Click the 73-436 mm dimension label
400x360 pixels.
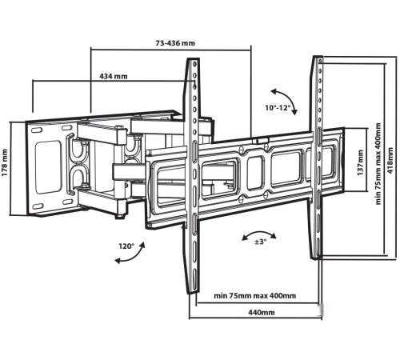[x=175, y=43]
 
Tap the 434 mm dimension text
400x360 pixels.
[x=114, y=76]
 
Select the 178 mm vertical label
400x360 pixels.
[x=5, y=162]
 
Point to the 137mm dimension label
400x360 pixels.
[x=360, y=162]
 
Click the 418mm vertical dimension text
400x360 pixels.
[x=390, y=161]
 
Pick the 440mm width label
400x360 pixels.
[x=262, y=312]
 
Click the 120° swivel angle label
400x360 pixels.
[x=126, y=246]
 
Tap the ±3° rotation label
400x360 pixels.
[x=261, y=242]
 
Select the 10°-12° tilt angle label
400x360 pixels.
[x=278, y=108]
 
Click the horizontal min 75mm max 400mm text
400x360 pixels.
[x=255, y=296]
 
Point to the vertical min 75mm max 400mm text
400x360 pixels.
[x=378, y=164]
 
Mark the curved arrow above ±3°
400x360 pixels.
[x=258, y=233]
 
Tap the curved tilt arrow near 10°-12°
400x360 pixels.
[x=288, y=98]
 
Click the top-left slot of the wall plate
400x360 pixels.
[x=37, y=130]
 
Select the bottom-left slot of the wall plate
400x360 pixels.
[x=38, y=206]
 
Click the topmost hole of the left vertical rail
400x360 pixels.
[x=194, y=64]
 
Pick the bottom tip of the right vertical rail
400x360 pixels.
[x=315, y=258]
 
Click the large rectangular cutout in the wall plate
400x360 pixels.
[x=49, y=167]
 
